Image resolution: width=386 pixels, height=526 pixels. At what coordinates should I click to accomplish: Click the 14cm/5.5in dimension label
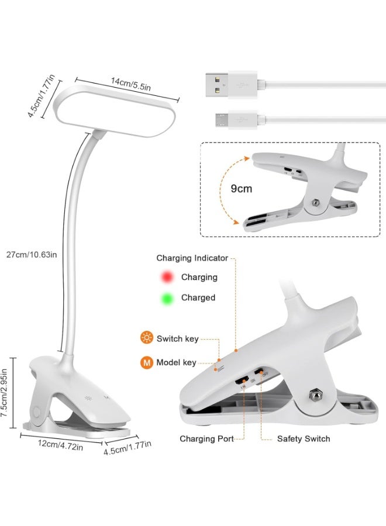coord(131,84)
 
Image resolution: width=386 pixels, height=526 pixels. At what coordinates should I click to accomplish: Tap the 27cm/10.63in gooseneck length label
coord(32,255)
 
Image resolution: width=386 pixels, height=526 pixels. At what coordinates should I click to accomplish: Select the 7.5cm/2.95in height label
coord(4,393)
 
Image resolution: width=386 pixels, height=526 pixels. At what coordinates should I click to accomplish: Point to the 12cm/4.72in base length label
coord(60,445)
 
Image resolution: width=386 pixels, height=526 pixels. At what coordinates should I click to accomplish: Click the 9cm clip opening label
coord(242,189)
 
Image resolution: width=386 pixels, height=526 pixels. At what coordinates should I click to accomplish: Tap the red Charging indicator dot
coord(167,277)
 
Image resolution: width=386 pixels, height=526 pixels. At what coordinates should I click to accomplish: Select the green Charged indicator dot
coord(167,298)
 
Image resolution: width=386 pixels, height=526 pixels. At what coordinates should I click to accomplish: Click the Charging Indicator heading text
coord(192,258)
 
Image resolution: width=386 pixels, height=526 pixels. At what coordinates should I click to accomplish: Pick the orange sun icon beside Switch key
coord(147,337)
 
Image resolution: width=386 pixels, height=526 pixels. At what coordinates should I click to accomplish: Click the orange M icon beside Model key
coord(147,362)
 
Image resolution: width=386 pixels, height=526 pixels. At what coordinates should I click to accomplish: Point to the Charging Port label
coord(206,439)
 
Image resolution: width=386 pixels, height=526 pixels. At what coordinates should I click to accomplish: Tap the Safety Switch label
coord(304,439)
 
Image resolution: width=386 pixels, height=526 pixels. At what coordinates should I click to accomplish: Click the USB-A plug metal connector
coord(217,85)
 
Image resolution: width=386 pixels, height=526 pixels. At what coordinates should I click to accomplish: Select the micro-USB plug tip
coord(222,120)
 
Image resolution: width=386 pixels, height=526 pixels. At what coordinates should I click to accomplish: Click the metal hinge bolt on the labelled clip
coord(315,394)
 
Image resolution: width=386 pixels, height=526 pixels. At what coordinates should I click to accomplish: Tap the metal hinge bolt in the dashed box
coord(315,203)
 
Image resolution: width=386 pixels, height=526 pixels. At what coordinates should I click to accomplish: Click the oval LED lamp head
coord(115,112)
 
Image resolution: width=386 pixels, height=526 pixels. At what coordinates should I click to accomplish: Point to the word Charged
coord(198,298)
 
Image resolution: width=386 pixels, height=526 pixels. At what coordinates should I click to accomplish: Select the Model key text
coord(176,362)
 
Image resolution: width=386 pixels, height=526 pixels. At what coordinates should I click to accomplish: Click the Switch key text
coord(178,338)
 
